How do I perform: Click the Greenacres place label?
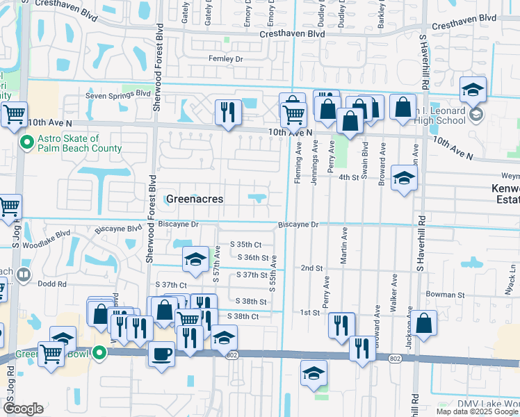pyautogui.click(x=195, y=199)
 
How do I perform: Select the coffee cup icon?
pyautogui.click(x=161, y=354)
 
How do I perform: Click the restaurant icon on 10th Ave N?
pyautogui.click(x=227, y=112)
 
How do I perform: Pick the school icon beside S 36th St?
pyautogui.click(x=195, y=259)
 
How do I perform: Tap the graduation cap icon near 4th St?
pyautogui.click(x=404, y=179)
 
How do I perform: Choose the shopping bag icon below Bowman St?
pyautogui.click(x=423, y=323)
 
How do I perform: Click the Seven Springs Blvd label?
pyautogui.click(x=118, y=94)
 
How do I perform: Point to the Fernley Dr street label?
pyautogui.click(x=226, y=59)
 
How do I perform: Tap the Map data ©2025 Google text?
pyautogui.click(x=477, y=411)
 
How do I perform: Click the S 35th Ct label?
pyautogui.click(x=245, y=245)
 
